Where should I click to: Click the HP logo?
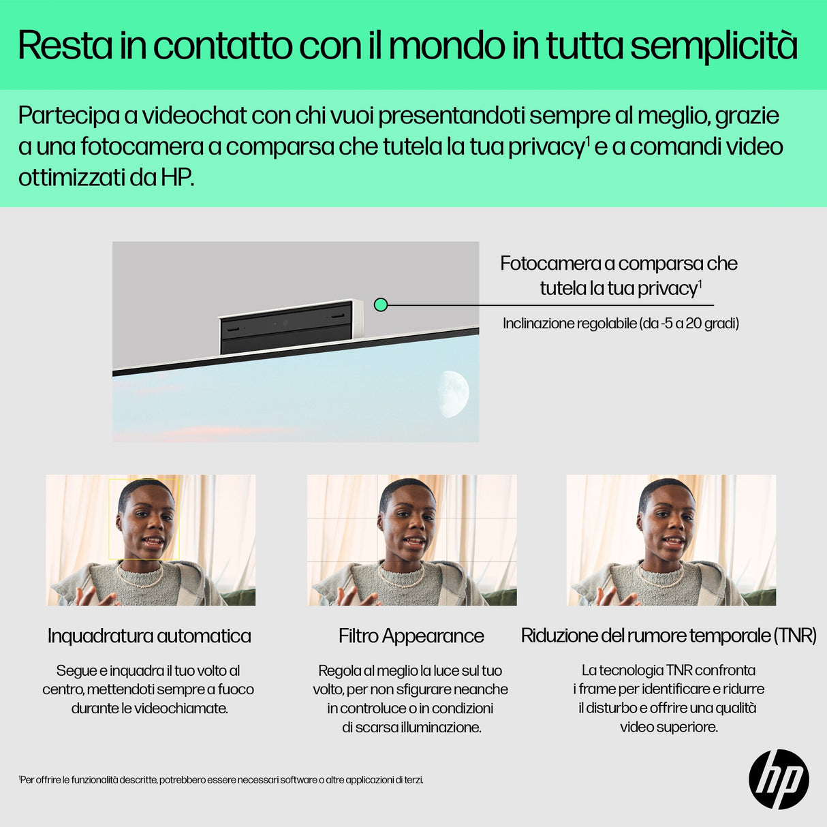[779, 779]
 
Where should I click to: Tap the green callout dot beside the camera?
[381, 305]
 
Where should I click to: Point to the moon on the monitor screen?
[453, 394]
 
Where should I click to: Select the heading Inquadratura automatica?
[149, 636]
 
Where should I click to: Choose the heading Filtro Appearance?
[411, 636]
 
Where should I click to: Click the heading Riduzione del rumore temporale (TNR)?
[668, 636]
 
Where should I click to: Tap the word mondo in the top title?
[446, 46]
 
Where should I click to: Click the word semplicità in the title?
[713, 46]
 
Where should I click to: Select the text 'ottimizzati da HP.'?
[106, 178]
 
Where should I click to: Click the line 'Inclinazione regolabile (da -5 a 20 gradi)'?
[621, 324]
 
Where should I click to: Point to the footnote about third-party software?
[221, 780]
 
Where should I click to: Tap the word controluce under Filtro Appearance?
[373, 708]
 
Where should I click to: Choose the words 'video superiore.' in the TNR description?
[668, 727]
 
